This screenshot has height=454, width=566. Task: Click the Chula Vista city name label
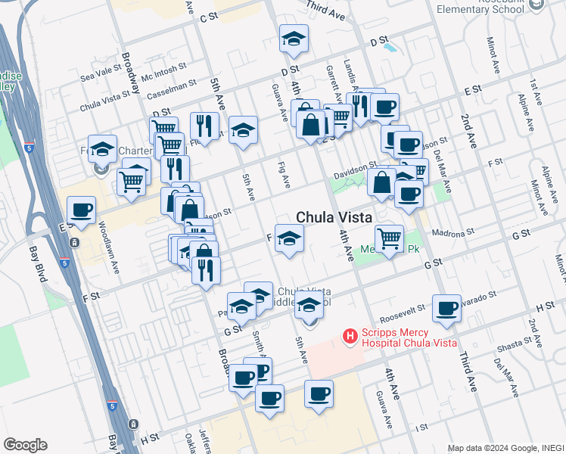click(334, 216)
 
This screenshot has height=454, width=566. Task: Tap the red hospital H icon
click(350, 334)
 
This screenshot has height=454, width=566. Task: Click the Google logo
click(25, 445)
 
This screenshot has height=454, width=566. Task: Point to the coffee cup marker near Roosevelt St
click(446, 309)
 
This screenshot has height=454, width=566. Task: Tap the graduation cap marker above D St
click(294, 40)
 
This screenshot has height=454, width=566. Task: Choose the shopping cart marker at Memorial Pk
click(389, 239)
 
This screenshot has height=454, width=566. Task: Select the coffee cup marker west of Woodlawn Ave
click(80, 210)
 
